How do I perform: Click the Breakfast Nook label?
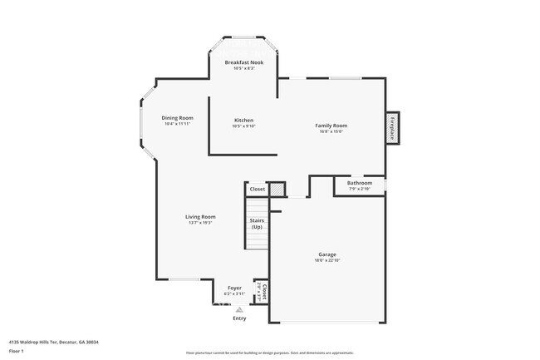point(243,62)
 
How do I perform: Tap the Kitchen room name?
point(243,120)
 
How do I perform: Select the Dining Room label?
point(177,118)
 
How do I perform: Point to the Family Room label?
point(330,126)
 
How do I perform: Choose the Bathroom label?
point(360,183)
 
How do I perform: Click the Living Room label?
point(201,216)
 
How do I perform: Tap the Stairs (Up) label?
point(257,224)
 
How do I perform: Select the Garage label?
point(327,254)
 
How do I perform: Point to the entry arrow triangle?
point(239,309)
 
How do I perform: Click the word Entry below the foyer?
point(239,318)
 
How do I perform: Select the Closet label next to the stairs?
point(258,189)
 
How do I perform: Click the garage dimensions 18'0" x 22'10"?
point(327,260)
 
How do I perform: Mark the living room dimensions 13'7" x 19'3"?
point(201,222)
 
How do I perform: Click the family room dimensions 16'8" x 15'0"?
point(330,131)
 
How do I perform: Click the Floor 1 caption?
point(17,351)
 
